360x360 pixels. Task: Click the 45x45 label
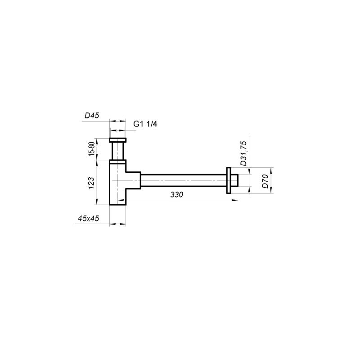[88, 218]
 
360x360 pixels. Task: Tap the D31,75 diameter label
[243, 153]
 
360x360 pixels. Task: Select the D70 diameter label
[265, 180]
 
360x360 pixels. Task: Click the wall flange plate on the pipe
[229, 180]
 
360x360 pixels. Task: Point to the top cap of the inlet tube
[118, 140]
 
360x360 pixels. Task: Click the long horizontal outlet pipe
[184, 180]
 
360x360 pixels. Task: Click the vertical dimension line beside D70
[271, 180]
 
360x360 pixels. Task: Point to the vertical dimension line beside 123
[98, 182]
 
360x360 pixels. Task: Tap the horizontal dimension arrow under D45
[118, 121]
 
